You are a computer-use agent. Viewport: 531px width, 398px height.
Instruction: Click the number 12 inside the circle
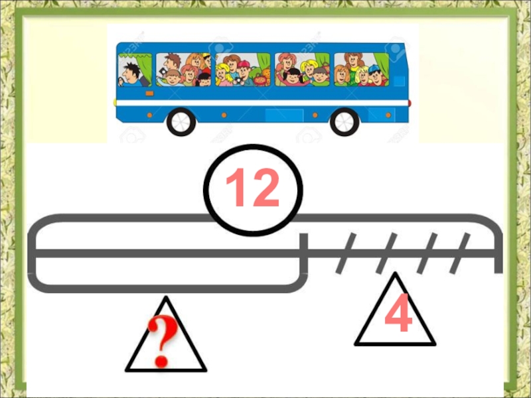pos(253,187)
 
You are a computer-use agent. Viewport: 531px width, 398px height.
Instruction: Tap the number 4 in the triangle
pos(399,312)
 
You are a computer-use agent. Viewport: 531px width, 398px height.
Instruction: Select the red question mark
pos(162,341)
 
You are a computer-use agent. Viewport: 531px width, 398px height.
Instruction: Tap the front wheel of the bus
pos(181,122)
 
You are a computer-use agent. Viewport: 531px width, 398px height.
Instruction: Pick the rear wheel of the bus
pos(344,122)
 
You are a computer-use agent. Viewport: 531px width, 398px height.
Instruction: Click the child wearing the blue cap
pos(375,74)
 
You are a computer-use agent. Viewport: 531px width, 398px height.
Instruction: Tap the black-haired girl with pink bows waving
pos(293,77)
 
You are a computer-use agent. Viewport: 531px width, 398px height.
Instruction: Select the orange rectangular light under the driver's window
pos(149,94)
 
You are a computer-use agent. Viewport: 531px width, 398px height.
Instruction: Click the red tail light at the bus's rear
pos(410,103)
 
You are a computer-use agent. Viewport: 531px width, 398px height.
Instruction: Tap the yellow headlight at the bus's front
pos(115,102)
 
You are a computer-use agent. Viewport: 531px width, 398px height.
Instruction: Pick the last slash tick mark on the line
pos(460,253)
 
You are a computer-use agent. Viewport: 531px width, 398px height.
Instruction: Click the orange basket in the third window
pos(261,80)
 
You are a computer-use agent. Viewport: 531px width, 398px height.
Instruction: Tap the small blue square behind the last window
pos(400,80)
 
